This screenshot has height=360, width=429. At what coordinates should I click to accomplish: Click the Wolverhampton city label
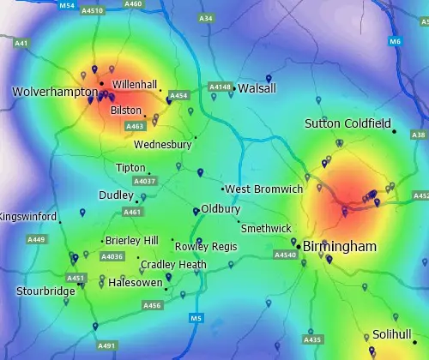pyautogui.click(x=54, y=91)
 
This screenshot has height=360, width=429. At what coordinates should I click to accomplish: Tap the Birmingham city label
pyautogui.click(x=340, y=247)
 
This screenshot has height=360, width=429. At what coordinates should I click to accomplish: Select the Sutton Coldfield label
pyautogui.click(x=347, y=124)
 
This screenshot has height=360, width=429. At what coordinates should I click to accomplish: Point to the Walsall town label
pyautogui.click(x=257, y=88)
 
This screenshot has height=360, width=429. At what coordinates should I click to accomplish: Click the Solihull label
pyautogui.click(x=392, y=334)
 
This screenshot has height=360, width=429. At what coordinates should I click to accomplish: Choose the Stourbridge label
pyautogui.click(x=45, y=291)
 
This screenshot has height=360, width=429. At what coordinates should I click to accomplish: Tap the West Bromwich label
pyautogui.click(x=264, y=189)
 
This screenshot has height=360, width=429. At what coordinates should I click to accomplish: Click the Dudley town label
pyautogui.click(x=116, y=195)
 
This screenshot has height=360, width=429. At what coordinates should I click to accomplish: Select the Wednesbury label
pyautogui.click(x=162, y=145)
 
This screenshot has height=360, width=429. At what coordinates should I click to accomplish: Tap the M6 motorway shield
pyautogui.click(x=395, y=41)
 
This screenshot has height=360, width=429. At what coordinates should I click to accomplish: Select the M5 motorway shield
pyautogui.click(x=196, y=319)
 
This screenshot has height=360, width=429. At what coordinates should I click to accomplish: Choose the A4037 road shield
pyautogui.click(x=145, y=182)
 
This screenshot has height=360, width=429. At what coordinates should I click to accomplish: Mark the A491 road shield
pyautogui.click(x=106, y=345)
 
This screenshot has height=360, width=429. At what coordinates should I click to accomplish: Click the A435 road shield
pyautogui.click(x=312, y=339)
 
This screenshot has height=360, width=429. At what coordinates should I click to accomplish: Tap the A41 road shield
pyautogui.click(x=21, y=43)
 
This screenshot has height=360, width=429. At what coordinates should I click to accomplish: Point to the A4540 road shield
pyautogui.click(x=284, y=255)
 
